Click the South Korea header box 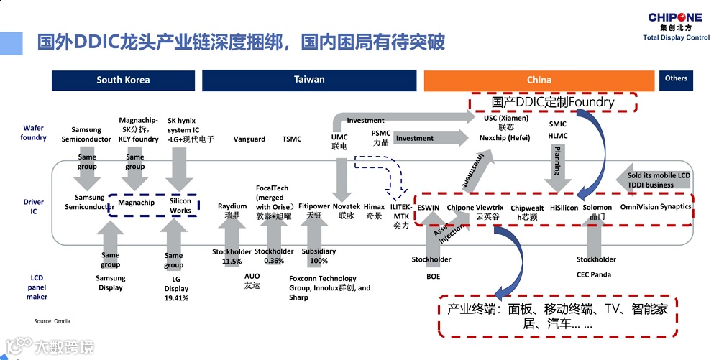[123, 80]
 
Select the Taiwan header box [309, 80]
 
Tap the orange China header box [539, 80]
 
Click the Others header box [676, 78]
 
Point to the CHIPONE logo [675, 22]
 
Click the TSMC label [292, 139]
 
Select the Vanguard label [249, 139]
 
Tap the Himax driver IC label [374, 211]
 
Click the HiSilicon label [564, 208]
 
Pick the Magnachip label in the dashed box [137, 203]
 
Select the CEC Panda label [594, 274]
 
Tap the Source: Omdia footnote [52, 320]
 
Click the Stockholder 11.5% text [232, 257]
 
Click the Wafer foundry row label [34, 132]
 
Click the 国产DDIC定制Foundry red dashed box [554, 103]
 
